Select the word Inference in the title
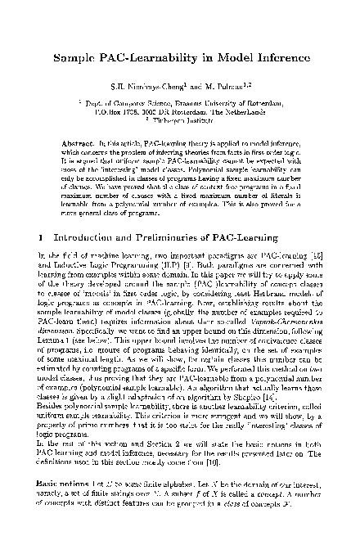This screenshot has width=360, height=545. (x=264, y=59)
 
